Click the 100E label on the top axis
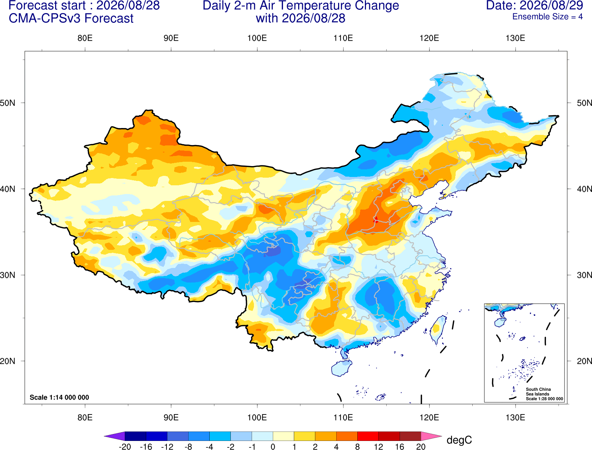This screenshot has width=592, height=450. [x=257, y=38]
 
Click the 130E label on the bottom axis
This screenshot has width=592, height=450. [x=515, y=418]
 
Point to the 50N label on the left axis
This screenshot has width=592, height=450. [x=8, y=103]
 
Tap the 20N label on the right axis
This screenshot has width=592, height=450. [x=584, y=361]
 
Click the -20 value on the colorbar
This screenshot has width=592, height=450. [x=125, y=447]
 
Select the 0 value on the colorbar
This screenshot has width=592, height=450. [x=273, y=447]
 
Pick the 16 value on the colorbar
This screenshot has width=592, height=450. [x=399, y=447]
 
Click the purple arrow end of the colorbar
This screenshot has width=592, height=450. [x=115, y=436]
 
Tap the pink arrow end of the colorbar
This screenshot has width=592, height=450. [x=431, y=436]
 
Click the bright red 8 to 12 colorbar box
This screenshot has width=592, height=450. [x=368, y=436]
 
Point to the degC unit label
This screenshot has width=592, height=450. [x=459, y=440]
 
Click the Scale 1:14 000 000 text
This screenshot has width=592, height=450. [x=59, y=397]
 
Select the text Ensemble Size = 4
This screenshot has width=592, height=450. [x=547, y=17]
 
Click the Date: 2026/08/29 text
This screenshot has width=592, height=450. [x=535, y=5]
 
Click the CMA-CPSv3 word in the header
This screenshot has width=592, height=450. [x=45, y=18]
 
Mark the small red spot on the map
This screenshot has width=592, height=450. [x=376, y=219]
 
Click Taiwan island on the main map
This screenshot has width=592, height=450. [x=437, y=330]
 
